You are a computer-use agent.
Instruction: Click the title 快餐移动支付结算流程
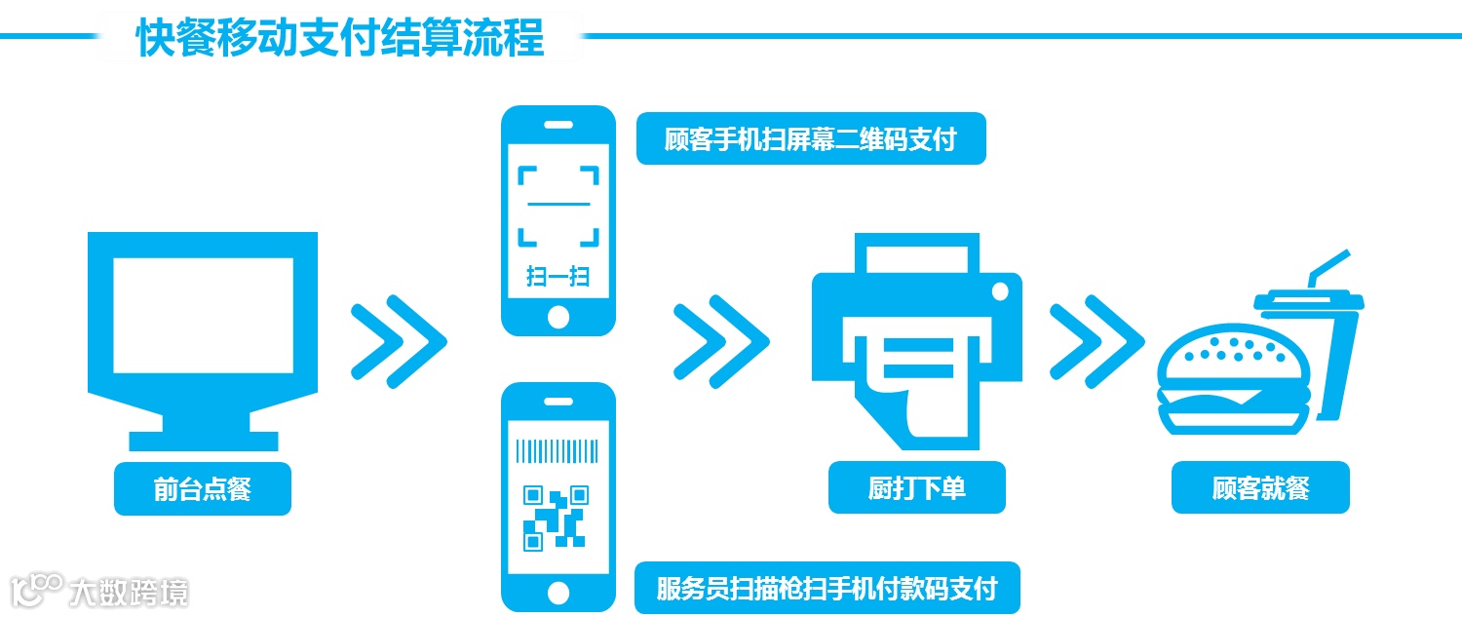339,38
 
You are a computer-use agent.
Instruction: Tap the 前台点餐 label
203,488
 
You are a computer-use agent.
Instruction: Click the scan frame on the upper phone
558,206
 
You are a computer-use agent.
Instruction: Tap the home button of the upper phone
558,317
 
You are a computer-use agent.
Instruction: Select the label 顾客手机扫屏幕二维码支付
811,140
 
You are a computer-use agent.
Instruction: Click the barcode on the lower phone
558,450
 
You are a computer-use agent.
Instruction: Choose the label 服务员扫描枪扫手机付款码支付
827,589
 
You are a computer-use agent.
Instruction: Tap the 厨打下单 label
916,487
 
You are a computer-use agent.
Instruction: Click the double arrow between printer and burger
1096,341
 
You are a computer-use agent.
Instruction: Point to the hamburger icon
1230,385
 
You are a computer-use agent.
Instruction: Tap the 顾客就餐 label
1260,487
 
